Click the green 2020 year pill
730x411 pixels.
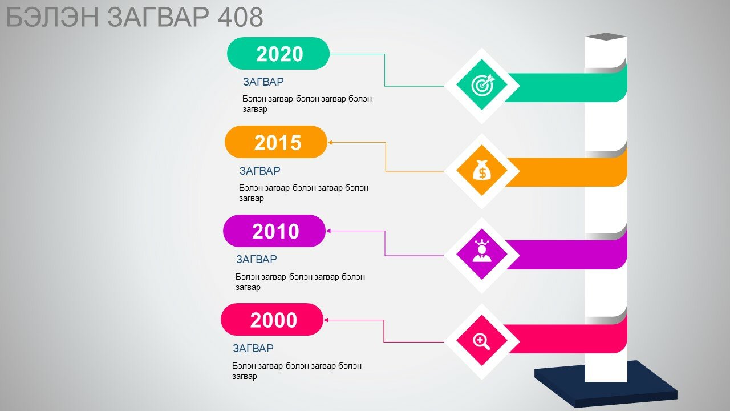pos(278,53)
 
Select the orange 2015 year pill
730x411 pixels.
pos(276,142)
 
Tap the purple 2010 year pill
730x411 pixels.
pos(274,231)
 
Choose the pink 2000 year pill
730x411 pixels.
pos(272,319)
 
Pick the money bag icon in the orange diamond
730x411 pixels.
pos(482,170)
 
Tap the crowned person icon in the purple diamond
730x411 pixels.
pos(482,251)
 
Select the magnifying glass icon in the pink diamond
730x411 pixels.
pos(481,341)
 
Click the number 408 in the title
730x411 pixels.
pos(240,17)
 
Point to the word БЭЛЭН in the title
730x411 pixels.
pos(52,17)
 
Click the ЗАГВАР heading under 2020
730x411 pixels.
pos(263,82)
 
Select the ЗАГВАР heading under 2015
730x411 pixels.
pos(259,171)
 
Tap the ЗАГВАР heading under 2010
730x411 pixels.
pos(257,259)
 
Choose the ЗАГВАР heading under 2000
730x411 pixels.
pos(253,348)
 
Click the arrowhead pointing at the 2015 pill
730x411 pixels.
pos(330,142)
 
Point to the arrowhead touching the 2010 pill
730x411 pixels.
pos(328,231)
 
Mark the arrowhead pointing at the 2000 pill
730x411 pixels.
pos(326,320)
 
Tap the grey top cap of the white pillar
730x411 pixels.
pos(606,37)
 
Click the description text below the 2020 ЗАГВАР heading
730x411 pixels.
pos(307,104)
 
